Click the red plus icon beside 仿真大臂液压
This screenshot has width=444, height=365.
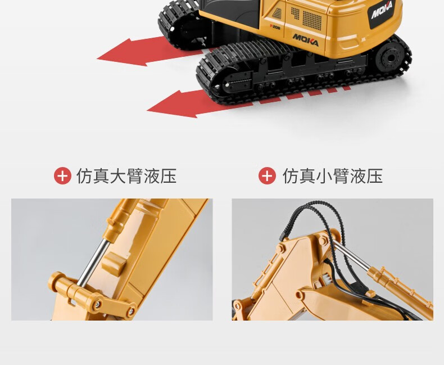click(x=62, y=176)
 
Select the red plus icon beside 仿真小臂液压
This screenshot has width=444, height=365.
click(x=267, y=175)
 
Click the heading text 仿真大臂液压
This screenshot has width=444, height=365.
click(x=126, y=176)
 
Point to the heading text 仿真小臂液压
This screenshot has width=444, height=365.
click(x=332, y=176)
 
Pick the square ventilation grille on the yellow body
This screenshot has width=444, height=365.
click(x=312, y=20)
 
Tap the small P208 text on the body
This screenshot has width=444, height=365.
click(x=275, y=26)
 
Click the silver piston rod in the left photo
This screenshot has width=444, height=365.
click(x=93, y=262)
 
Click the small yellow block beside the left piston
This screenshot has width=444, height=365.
click(x=114, y=264)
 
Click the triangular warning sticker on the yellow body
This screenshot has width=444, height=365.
click(x=277, y=13)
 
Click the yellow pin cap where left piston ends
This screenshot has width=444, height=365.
click(x=57, y=281)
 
